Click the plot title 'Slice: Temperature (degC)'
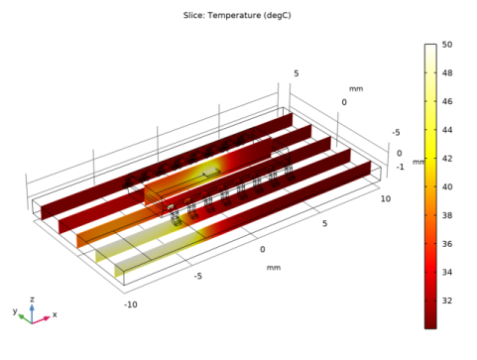click(237, 15)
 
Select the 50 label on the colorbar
click(447, 45)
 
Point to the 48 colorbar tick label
click(447, 72)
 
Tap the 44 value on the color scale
click(447, 130)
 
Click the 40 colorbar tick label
click(447, 186)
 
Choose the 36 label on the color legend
click(447, 244)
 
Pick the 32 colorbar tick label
click(447, 300)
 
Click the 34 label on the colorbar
click(447, 272)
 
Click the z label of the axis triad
click(32, 300)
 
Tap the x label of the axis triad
click(55, 314)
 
